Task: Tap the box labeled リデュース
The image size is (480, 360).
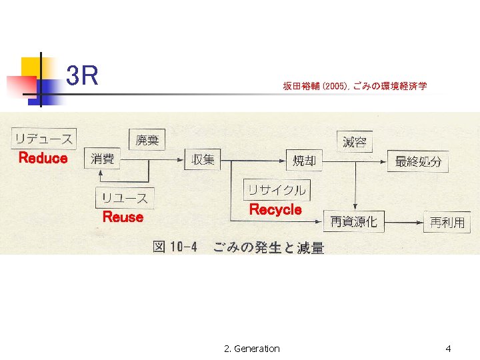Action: point(43,139)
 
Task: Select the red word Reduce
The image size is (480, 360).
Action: point(43,158)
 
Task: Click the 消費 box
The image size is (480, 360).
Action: point(103,159)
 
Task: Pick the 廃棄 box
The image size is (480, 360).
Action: point(147,139)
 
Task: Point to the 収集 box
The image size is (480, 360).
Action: point(203,159)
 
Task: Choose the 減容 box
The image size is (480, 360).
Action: point(355,141)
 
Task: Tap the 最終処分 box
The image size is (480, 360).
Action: point(418,161)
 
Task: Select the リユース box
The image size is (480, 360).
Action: point(125,198)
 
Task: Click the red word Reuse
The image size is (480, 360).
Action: point(123,217)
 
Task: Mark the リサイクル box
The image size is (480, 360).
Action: point(277,190)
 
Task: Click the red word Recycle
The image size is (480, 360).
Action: point(275,209)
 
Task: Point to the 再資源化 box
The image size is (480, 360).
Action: point(353,221)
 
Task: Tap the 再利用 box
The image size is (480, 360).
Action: point(447,222)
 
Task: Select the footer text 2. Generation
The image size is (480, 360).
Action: point(252,349)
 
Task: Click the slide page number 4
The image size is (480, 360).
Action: point(448,349)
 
